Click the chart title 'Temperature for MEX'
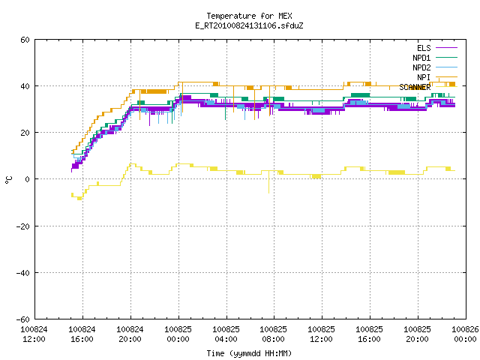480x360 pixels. [249, 16]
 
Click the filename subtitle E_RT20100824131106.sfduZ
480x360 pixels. [249, 25]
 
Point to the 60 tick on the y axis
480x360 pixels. [25, 40]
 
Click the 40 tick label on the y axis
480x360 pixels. [25, 86]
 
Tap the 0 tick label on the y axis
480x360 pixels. [27, 179]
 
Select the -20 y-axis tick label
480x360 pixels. [23, 226]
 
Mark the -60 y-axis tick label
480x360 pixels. [23, 319]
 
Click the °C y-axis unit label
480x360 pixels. [8, 180]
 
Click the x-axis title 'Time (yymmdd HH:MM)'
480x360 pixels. [249, 353]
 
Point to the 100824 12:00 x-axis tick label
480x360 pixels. [34, 334]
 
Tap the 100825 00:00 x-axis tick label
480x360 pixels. [178, 334]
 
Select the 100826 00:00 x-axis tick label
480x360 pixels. [465, 334]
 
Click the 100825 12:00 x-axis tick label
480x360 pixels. [321, 334]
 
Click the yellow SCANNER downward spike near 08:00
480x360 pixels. [268, 181]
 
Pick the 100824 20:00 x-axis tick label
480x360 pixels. [130, 334]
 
